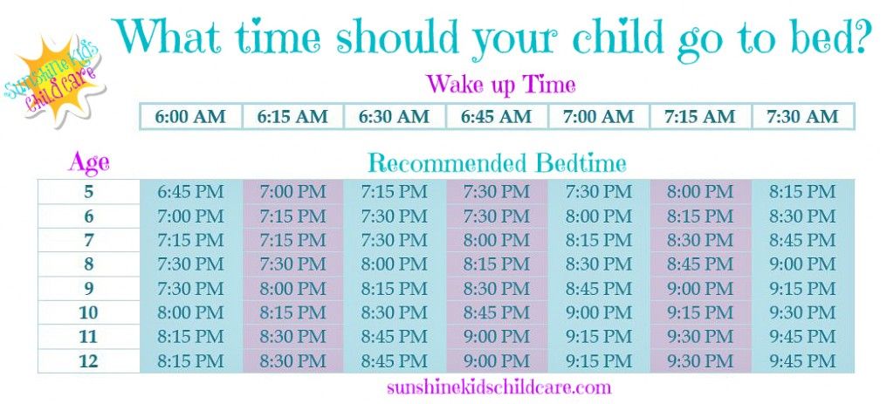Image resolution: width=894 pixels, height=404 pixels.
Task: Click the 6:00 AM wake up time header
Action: [190, 117]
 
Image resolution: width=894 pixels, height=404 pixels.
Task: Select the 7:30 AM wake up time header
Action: [803, 117]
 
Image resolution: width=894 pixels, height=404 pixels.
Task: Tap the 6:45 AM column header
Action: [497, 117]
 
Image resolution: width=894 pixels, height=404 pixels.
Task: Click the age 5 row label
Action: [88, 191]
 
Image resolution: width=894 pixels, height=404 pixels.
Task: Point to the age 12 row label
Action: [88, 360]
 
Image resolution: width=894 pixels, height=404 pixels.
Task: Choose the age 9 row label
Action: [88, 288]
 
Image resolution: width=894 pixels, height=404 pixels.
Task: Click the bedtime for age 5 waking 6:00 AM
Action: [190, 191]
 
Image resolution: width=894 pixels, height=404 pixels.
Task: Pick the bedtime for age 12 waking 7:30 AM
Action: [803, 360]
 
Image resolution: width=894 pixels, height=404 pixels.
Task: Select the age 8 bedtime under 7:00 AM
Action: [599, 264]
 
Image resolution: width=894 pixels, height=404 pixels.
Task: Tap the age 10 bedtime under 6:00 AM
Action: [190, 312]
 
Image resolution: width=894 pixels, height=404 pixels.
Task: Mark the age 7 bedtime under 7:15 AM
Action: [701, 240]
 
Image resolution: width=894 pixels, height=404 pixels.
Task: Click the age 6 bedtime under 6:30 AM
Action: [395, 216]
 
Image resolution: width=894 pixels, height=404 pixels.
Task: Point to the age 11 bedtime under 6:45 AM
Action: [497, 337]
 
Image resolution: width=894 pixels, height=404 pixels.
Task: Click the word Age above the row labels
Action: [89, 164]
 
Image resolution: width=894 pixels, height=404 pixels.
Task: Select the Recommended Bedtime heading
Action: [497, 163]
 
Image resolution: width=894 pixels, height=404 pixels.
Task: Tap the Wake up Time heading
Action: [501, 86]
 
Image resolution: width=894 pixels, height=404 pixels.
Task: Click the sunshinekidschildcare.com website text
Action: [499, 387]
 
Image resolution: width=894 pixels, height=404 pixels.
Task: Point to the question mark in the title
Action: [859, 35]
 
